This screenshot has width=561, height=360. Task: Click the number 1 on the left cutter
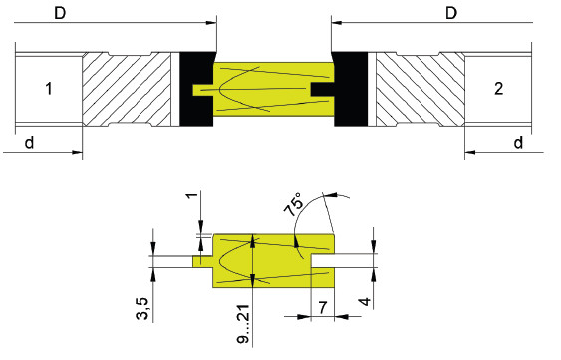point(49,89)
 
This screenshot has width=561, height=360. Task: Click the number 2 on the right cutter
point(499,89)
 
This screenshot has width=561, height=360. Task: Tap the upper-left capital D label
point(60,13)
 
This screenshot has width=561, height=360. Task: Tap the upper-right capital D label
point(451,13)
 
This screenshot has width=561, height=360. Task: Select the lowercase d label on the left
point(29,143)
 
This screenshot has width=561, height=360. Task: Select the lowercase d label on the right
point(518,143)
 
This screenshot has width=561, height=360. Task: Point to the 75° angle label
point(293,204)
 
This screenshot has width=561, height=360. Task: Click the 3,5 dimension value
point(142,309)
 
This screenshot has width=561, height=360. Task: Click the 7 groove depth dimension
point(323,307)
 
